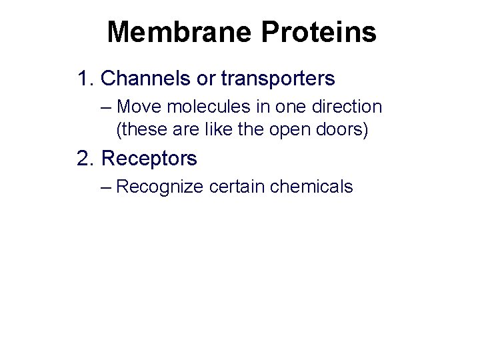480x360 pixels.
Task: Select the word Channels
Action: pos(139,79)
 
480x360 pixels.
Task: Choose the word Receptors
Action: pos(149,159)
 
